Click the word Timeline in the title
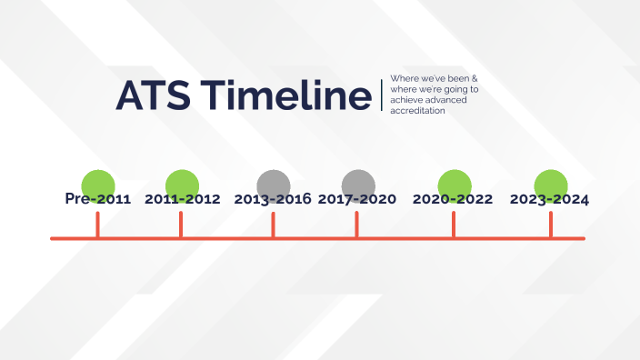284,95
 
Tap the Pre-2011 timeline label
98,199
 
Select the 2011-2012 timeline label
182,199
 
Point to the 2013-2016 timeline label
273,199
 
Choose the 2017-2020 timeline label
357,199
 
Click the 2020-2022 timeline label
453,199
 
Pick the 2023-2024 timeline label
549,199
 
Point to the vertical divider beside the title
382,95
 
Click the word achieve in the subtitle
405,100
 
